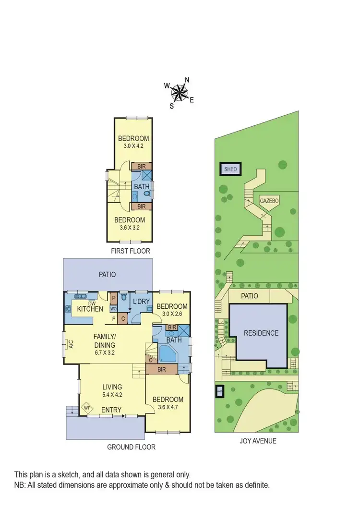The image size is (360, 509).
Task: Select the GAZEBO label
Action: (x=269, y=200)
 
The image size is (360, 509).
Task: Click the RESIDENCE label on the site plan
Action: (x=261, y=333)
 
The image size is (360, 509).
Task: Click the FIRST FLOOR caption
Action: (x=131, y=251)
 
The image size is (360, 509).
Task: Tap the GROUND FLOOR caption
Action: (x=131, y=447)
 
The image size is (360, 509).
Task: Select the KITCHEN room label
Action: (x=90, y=309)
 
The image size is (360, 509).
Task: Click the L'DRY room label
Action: (x=141, y=301)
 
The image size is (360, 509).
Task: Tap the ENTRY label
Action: (x=111, y=410)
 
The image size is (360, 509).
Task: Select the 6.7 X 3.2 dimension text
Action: (x=105, y=352)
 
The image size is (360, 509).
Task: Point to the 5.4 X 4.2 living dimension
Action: (x=112, y=395)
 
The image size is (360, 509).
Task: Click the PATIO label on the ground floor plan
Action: (x=107, y=274)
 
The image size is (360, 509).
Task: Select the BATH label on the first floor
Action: (x=141, y=186)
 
